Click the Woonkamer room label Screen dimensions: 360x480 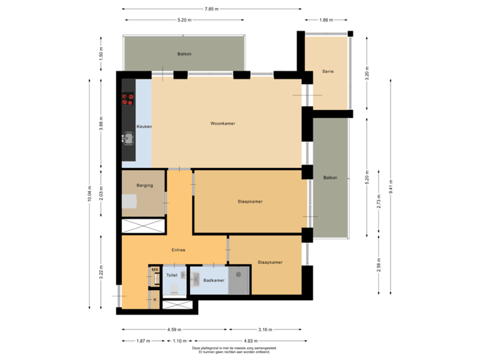point(223,123)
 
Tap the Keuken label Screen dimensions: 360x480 point(144,127)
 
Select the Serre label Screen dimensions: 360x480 point(327,71)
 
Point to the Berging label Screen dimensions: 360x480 point(145,185)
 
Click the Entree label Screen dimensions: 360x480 point(178,250)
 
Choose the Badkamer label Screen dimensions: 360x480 point(214,281)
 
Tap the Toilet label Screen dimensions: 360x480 point(172,275)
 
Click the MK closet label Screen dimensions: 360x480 point(155,270)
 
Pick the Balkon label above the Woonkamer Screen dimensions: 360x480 point(184,54)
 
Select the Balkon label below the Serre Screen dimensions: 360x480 point(330,178)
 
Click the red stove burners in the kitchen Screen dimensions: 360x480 point(127,99)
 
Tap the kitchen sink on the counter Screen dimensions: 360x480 point(128,139)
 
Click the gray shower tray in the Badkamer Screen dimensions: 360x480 point(239,280)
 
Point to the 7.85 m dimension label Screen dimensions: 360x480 point(212,9)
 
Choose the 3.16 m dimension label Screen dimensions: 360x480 point(265,329)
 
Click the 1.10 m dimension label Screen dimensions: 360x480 point(178,341)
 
